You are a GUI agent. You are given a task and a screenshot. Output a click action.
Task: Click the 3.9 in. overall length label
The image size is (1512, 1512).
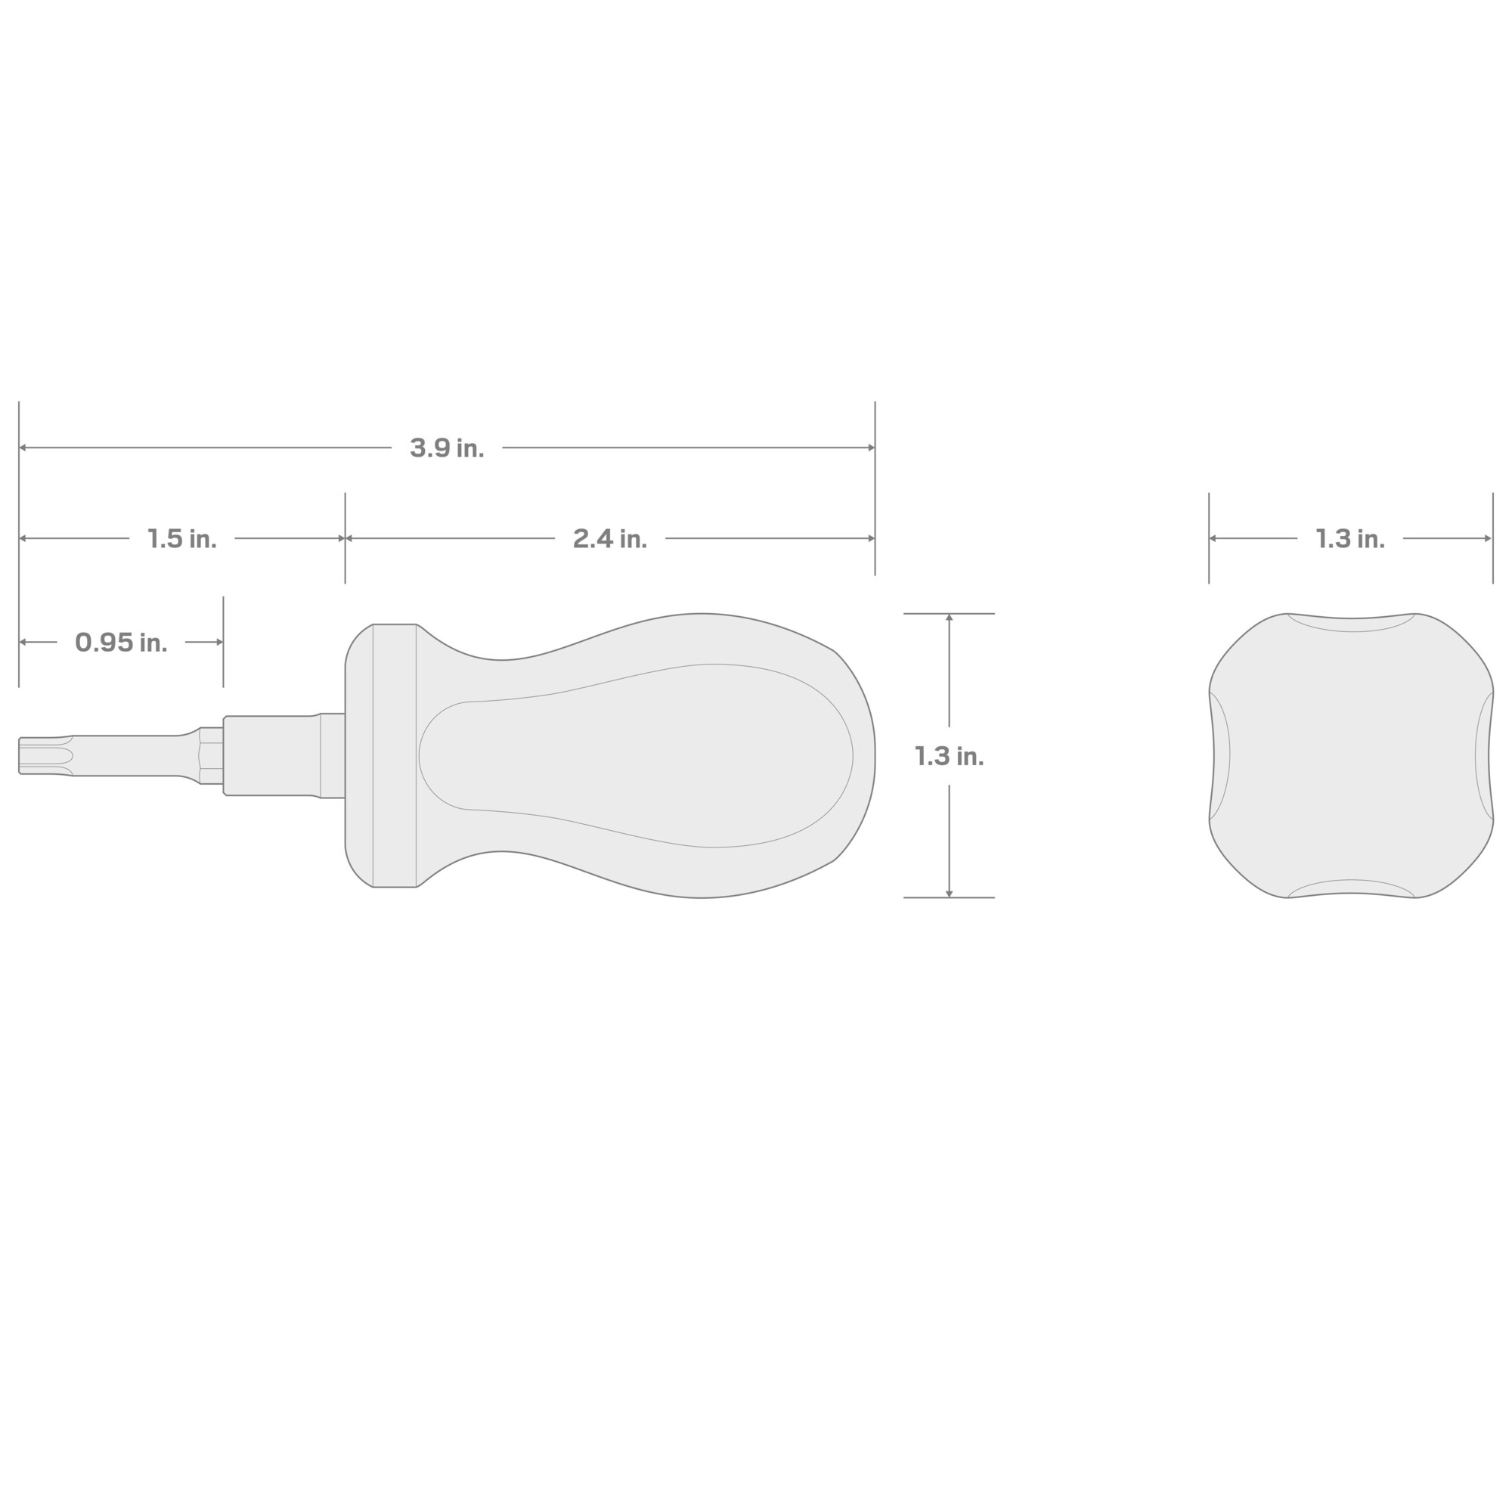pyautogui.click(x=447, y=448)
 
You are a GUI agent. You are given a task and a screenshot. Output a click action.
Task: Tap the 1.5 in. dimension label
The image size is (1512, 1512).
pyautogui.click(x=181, y=539)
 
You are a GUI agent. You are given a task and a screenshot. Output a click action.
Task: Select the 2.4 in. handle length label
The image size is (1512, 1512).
pyautogui.click(x=609, y=539)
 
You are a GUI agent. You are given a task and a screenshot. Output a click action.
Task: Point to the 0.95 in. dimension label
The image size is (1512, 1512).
pyautogui.click(x=121, y=643)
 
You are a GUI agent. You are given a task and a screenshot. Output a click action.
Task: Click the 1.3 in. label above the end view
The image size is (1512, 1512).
pyautogui.click(x=1350, y=539)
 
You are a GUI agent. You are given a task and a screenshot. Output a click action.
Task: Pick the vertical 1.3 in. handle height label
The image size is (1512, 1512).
pyautogui.click(x=950, y=756)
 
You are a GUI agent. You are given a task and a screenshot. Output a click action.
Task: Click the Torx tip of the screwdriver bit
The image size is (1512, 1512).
pyautogui.click(x=45, y=756)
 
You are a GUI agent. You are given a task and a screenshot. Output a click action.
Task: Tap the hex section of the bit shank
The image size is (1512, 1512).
pyautogui.click(x=212, y=756)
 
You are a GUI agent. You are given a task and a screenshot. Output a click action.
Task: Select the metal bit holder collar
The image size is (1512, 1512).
pyautogui.click(x=284, y=756)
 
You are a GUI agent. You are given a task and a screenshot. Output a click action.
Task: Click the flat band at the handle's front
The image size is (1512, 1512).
pyautogui.click(x=395, y=756)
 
